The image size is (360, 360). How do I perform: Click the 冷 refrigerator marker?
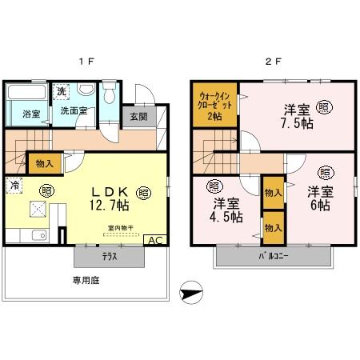15,185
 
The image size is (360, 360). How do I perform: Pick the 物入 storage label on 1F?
45,164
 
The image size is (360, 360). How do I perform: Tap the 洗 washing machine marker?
61,93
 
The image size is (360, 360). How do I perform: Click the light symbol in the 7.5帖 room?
324,106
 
